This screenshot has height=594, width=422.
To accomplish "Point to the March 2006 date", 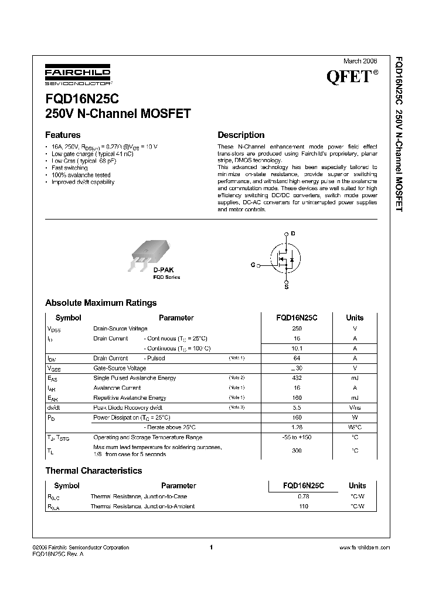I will [x=359, y=61].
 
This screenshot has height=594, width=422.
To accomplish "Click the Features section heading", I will [x=63, y=134].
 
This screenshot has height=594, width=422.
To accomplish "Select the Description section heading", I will [x=241, y=134].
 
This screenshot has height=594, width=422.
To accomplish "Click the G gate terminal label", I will [x=253, y=265].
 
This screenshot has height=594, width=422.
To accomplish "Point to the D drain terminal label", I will [x=293, y=234].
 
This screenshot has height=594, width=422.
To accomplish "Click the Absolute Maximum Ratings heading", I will [x=101, y=303].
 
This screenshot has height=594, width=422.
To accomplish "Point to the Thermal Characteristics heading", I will [x=94, y=471].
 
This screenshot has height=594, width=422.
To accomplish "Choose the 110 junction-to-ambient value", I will [x=303, y=507].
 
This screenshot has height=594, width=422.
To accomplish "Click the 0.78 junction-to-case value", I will [x=303, y=497].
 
